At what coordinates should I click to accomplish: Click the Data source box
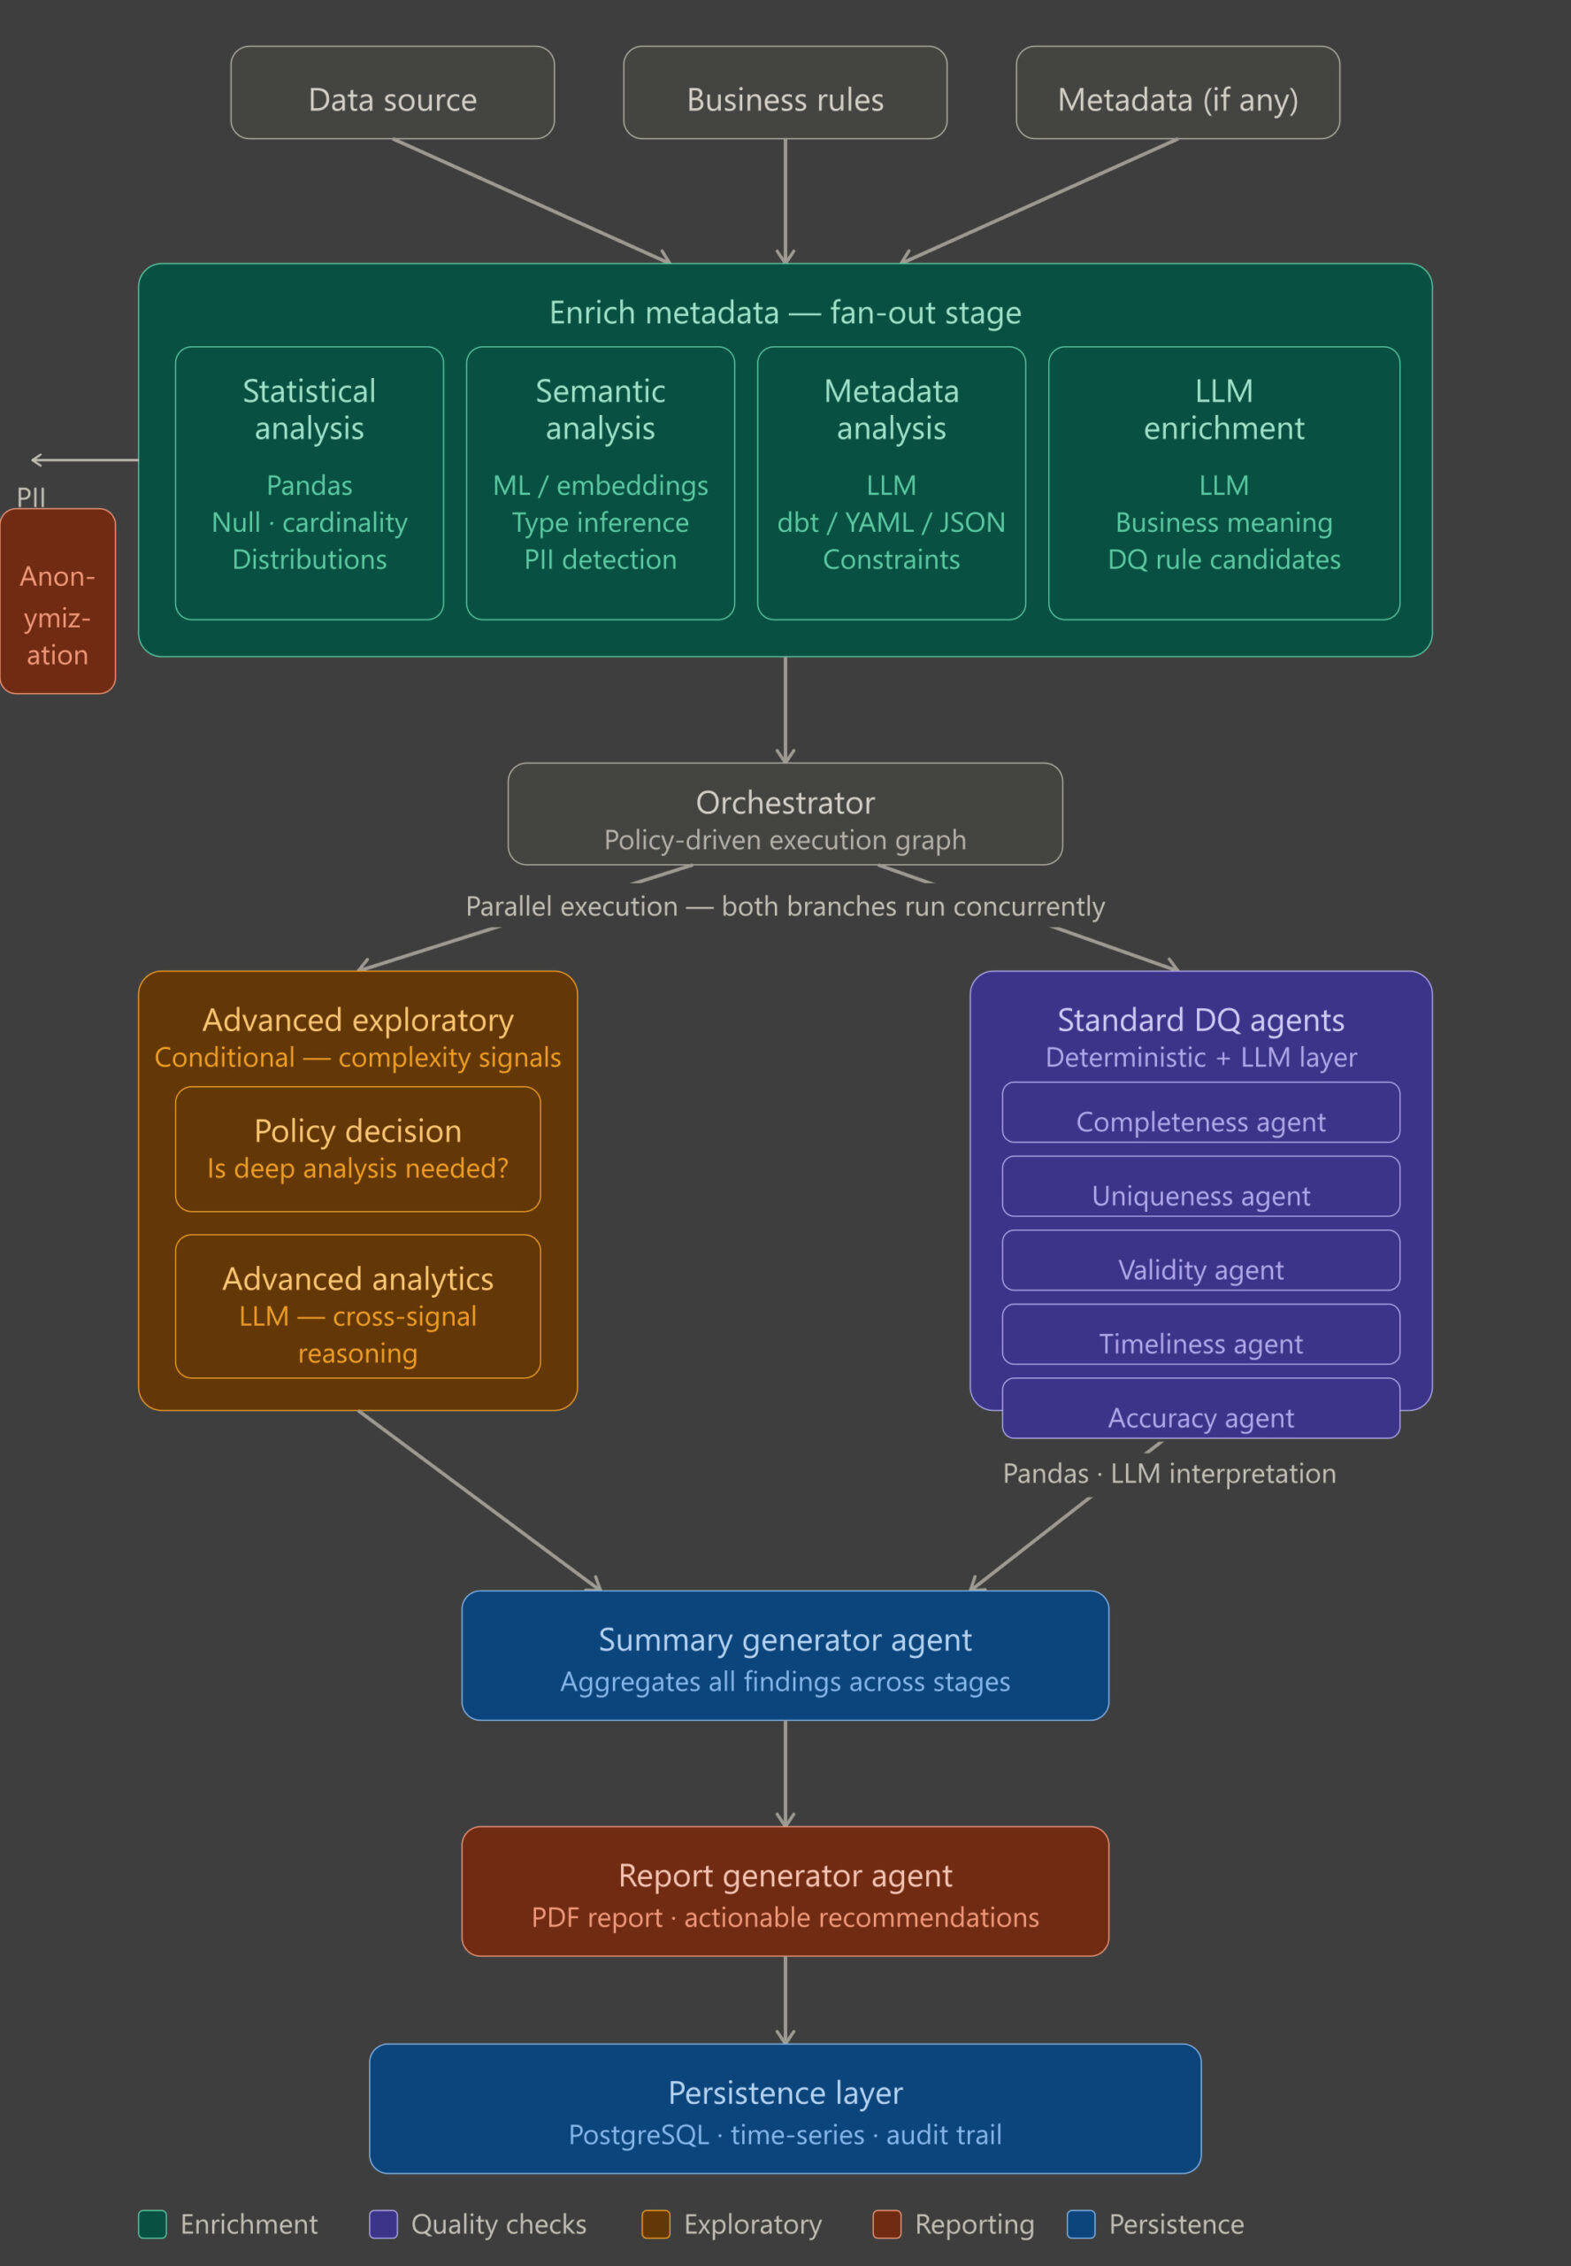pos(392,93)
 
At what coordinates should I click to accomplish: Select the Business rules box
pos(785,93)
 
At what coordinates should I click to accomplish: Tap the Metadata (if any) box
pos(1177,93)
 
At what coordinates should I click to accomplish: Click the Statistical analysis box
pos(309,482)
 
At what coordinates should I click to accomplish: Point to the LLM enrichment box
pos(1223,482)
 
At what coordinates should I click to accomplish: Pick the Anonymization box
pos(58,601)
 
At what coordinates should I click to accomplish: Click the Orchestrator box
pos(785,813)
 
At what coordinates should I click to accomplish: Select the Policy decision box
pos(357,1148)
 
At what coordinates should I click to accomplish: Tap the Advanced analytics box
pos(357,1306)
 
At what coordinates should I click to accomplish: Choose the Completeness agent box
pos(1201,1112)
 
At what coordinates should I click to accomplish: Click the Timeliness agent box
pos(1201,1333)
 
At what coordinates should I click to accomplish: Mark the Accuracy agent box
pos(1201,1407)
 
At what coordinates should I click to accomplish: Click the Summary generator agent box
pos(785,1654)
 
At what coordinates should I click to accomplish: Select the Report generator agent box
pos(785,1891)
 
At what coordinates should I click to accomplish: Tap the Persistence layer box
pos(785,2108)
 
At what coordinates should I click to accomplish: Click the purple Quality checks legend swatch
pos(383,2224)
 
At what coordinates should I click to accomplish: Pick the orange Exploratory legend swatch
pos(655,2224)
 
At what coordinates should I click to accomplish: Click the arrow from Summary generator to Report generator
pos(785,1773)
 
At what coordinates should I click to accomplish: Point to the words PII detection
pos(601,559)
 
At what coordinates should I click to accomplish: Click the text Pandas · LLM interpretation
pos(1169,1473)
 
